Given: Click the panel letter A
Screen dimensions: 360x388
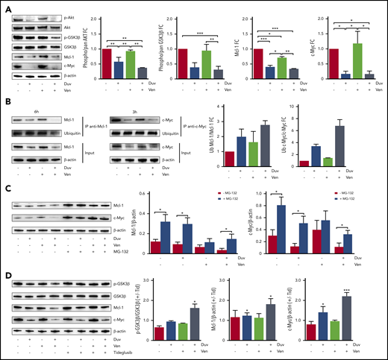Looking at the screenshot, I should coord(6,7).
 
